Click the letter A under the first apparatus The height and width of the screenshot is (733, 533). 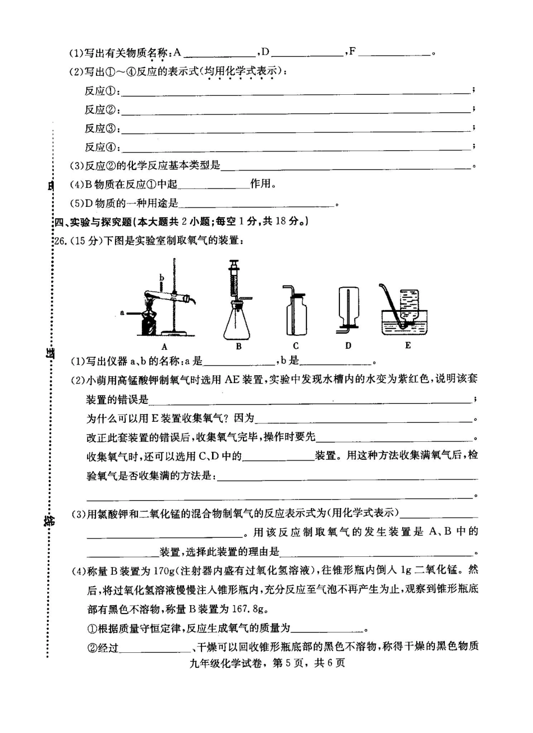point(164,347)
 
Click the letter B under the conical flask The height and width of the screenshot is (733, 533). point(238,347)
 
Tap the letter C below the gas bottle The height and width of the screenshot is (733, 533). point(296,346)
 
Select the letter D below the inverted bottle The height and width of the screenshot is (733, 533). point(348,346)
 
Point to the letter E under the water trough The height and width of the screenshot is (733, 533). point(408,345)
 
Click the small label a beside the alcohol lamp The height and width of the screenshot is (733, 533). point(122,312)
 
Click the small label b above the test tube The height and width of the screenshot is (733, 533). point(162,277)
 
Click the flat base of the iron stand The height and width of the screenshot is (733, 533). point(176,335)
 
